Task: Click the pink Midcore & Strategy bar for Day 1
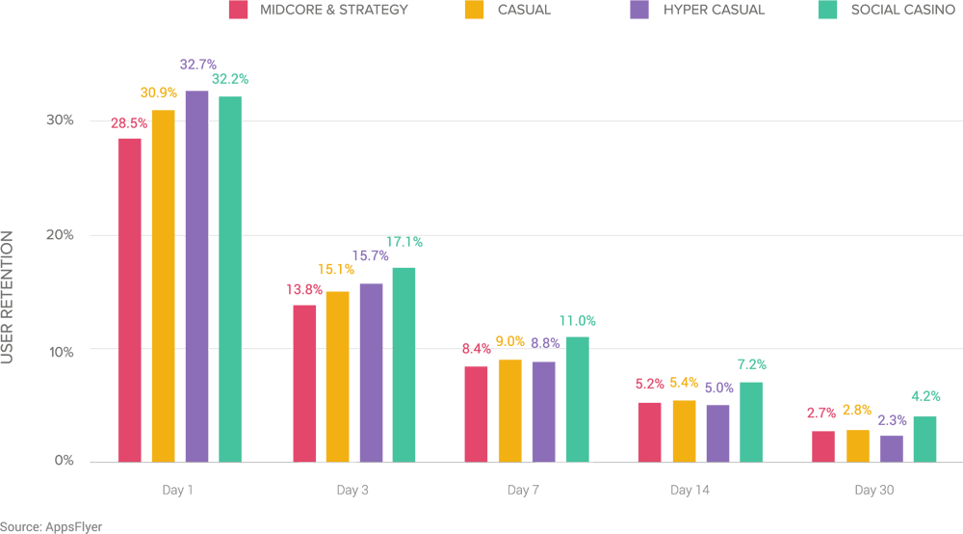129,300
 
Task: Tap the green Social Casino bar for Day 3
403,364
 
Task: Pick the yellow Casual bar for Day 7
509,411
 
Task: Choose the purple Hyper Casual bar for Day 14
717,433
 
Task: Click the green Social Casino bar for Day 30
924,439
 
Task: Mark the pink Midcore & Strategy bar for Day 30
823,446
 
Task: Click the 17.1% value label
403,241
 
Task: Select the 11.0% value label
578,321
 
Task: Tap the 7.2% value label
752,364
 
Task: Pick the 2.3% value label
891,418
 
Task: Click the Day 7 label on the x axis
523,491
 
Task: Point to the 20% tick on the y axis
61,235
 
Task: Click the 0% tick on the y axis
65,462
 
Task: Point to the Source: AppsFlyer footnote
51,526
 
